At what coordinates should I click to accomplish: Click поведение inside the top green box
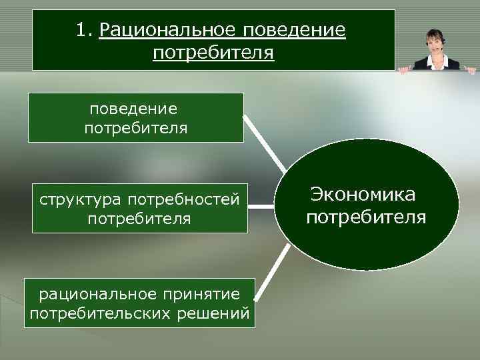[136, 107]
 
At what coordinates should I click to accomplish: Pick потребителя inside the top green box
[136, 127]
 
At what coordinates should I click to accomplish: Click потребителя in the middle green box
[139, 219]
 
